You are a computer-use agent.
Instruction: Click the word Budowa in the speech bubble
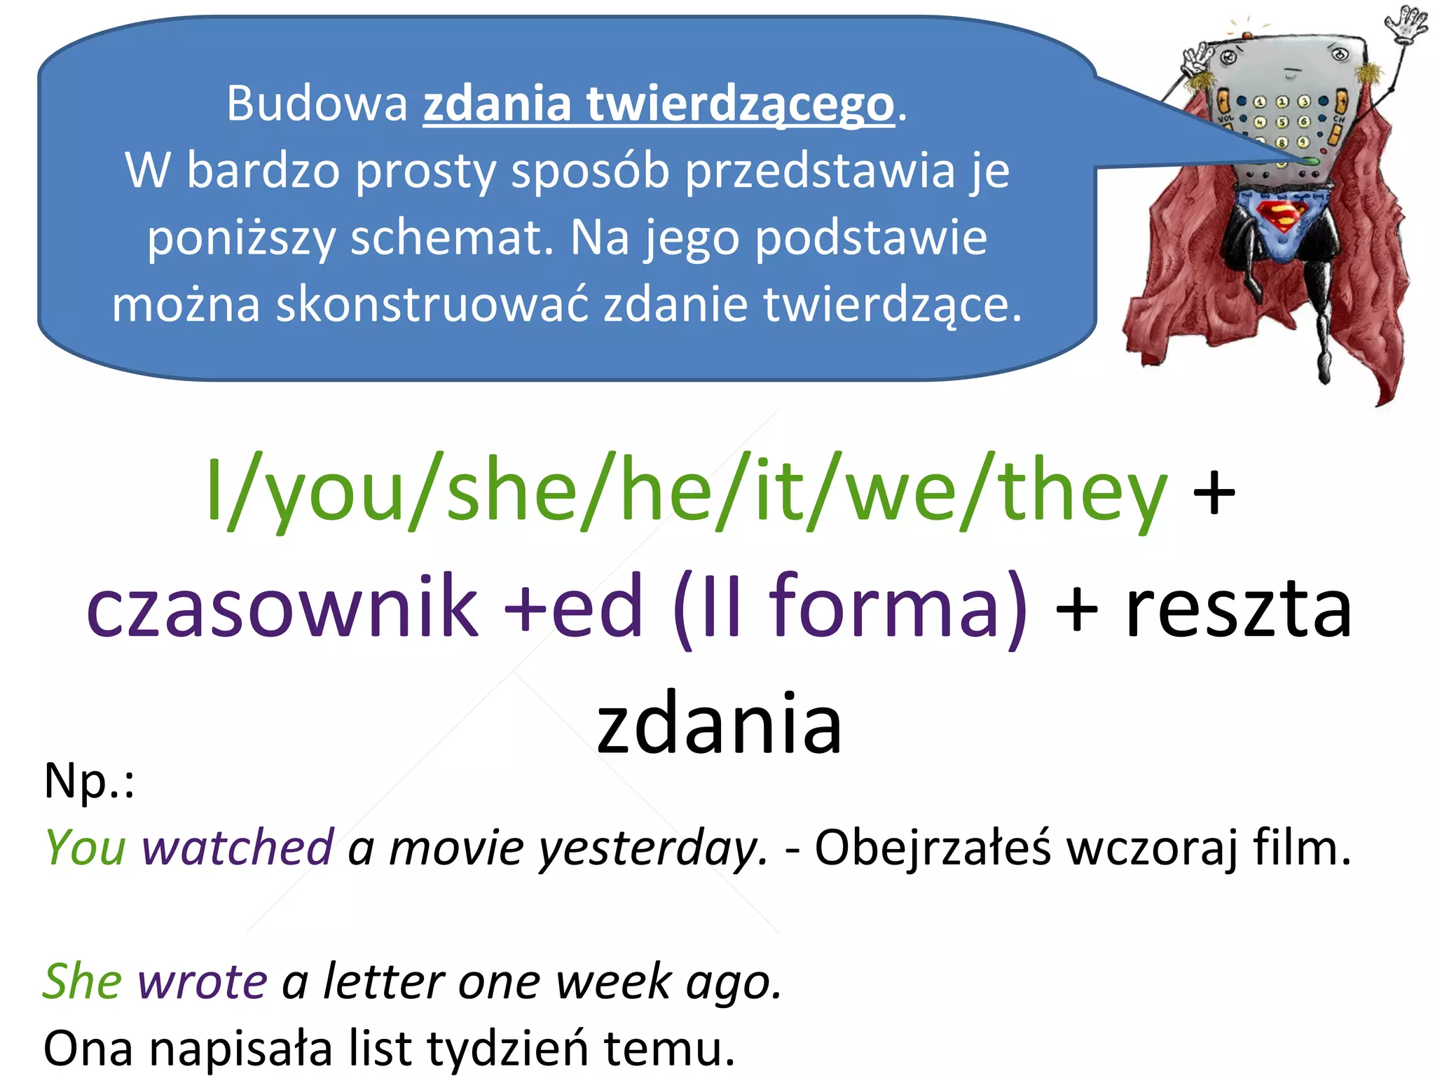[x=317, y=104]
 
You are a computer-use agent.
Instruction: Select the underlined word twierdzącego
[x=741, y=105]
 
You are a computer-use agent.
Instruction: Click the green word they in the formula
[x=1083, y=490]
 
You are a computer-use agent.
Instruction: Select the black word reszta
[x=1238, y=608]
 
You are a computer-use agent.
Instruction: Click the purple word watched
[x=238, y=848]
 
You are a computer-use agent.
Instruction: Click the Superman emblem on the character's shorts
[x=1282, y=215]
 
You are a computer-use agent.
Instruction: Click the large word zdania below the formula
[x=719, y=723]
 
